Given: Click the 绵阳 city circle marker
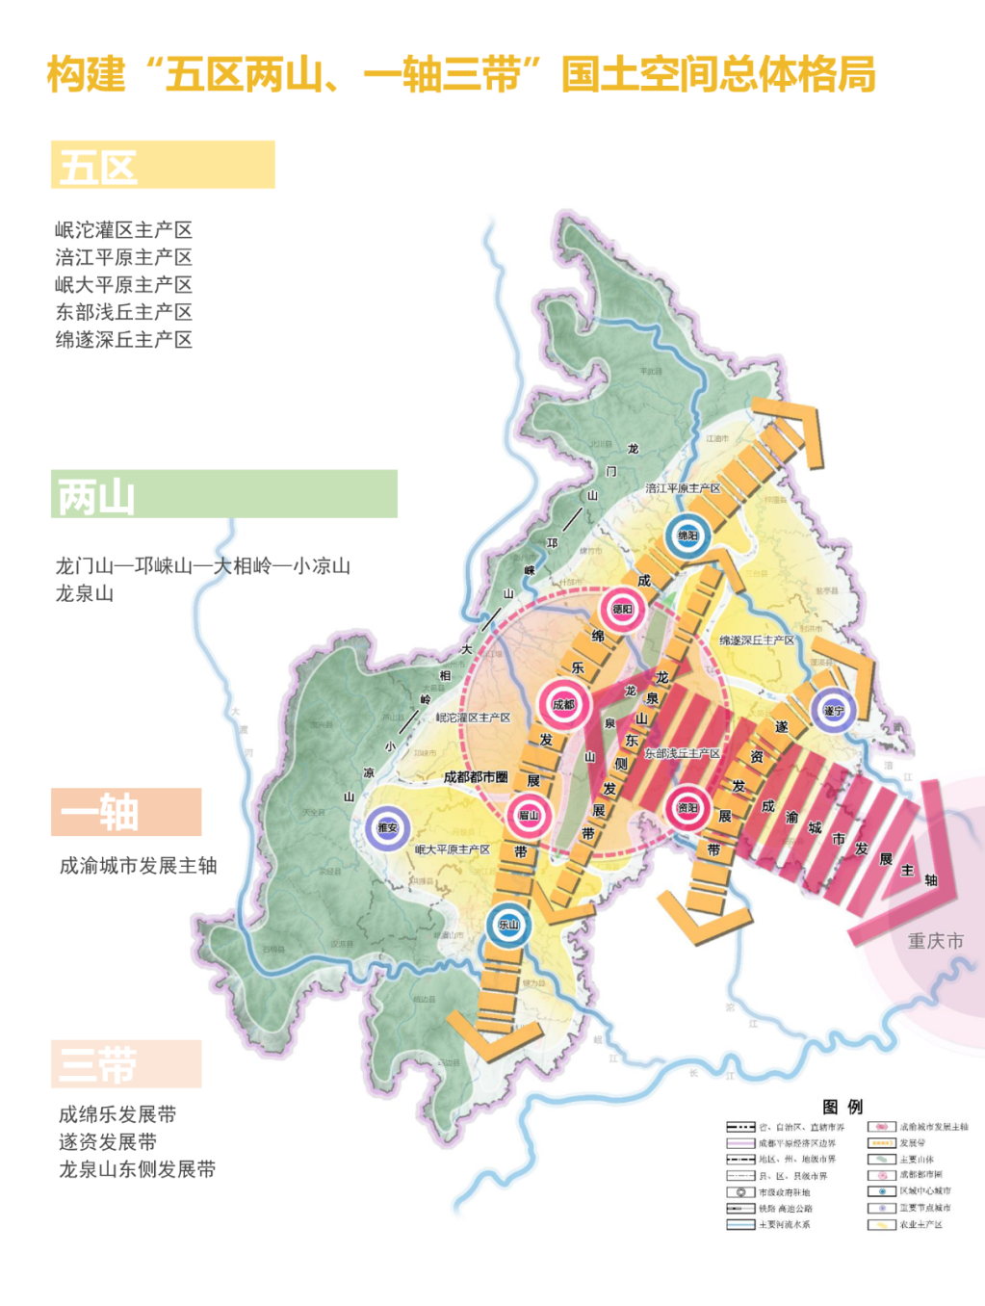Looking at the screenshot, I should pos(687,536).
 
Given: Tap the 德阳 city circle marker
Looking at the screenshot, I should pos(622,610).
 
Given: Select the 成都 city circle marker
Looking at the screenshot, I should pos(563,704).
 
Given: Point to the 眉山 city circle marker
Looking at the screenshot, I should pos(529,816).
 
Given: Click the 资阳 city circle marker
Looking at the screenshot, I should pos(687,808).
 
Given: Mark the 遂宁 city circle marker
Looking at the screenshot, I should pos(833,711).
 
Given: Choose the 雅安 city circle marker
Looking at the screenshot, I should pos(387,827).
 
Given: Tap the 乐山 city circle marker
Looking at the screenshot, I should pos(507,925).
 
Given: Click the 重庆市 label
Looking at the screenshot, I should pos(935,941).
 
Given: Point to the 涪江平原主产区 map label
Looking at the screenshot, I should pos(683,488).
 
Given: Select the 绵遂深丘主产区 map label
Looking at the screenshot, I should pos(757,640).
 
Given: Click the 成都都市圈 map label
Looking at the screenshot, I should pos(476,776).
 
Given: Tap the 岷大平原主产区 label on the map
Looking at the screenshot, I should pos(453,849).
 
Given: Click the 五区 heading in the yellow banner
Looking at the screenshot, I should pos(98,167).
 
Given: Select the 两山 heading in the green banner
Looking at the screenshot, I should pos(96,496).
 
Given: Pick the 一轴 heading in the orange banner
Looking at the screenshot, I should pos(99,812).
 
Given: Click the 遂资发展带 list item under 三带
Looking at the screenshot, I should pos(108,1142).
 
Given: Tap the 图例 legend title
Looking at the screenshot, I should pos(842,1107).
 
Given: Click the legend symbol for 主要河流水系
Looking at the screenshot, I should pos(740,1225).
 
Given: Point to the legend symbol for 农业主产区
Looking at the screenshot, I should pos(881,1225).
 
